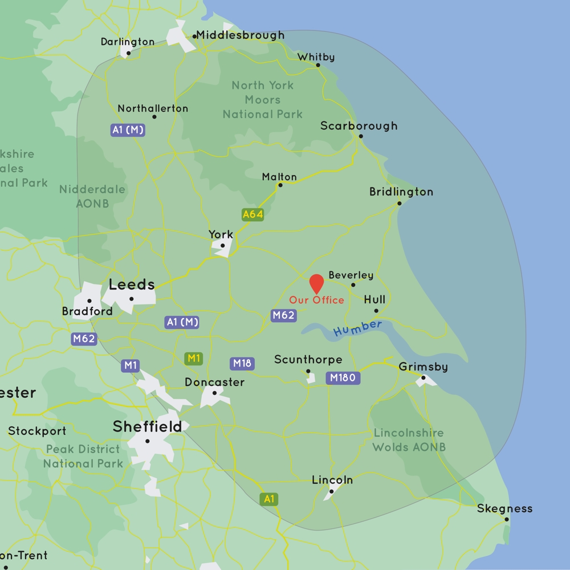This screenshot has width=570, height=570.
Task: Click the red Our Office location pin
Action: coord(316,283)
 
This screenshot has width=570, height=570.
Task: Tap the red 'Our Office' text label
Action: coord(316,300)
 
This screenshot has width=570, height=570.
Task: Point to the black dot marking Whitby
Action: coord(318,65)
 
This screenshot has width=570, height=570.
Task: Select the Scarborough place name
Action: coord(359,126)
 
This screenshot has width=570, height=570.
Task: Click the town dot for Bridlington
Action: coord(399,203)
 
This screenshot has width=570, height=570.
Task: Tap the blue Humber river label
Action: coord(357,328)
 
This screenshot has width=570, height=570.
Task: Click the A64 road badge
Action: coord(253,214)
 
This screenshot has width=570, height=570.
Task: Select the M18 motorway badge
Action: coord(242,364)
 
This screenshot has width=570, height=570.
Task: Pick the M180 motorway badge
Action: coord(343,377)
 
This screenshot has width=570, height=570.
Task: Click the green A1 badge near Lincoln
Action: coord(269,499)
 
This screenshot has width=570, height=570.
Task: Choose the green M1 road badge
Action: coord(194,359)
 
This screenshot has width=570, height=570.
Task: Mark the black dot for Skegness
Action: coord(506,519)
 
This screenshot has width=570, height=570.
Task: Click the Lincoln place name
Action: coord(332,481)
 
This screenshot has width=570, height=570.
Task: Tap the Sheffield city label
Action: coord(147,426)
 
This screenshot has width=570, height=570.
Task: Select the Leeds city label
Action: coord(132,284)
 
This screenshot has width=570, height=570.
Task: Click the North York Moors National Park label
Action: coord(263,100)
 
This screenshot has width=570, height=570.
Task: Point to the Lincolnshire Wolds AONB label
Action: coord(409,440)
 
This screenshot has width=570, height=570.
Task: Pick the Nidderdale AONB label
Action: coord(92,196)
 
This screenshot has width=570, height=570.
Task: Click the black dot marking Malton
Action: coord(280,185)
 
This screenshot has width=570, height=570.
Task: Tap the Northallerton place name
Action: coord(153,108)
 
